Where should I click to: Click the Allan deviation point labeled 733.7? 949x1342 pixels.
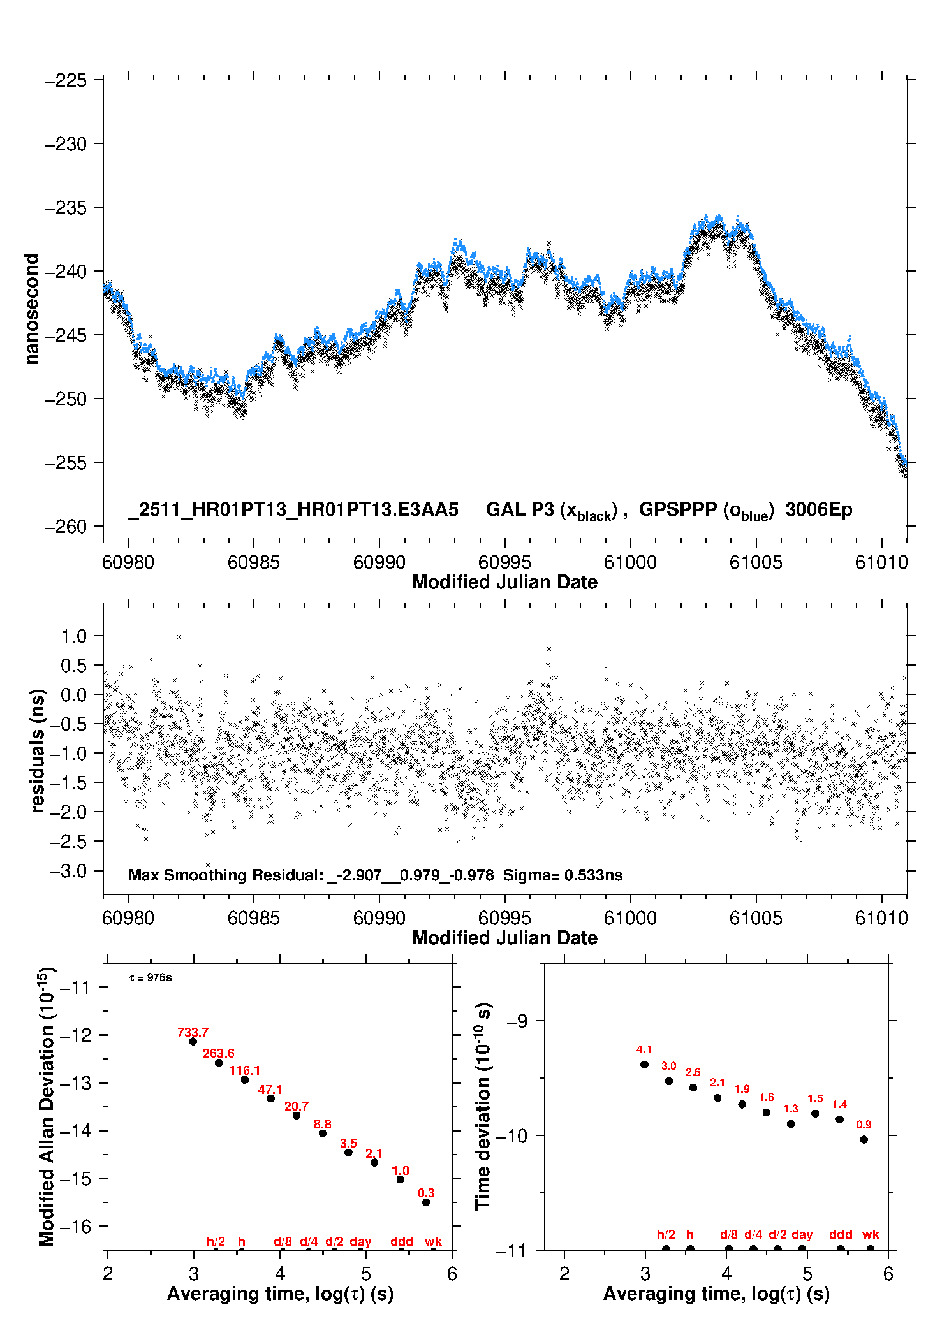193,1041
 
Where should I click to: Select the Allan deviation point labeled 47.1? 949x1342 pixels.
270,1098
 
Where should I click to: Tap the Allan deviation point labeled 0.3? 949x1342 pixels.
426,1202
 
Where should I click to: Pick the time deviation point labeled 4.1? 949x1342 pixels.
644,1065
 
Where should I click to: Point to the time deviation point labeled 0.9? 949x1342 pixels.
864,1140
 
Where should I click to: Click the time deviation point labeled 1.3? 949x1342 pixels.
791,1124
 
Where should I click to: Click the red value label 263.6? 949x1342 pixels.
219,1053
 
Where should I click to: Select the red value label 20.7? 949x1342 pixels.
297,1106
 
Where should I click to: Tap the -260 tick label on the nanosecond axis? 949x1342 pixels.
65,527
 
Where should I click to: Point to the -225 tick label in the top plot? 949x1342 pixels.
65,80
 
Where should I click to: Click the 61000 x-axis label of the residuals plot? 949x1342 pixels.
630,918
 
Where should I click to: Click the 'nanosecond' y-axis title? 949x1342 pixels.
31,309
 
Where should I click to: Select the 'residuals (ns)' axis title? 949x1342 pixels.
38,750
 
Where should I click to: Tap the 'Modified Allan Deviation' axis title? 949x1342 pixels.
47,1106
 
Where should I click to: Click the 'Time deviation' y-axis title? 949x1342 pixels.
483,1106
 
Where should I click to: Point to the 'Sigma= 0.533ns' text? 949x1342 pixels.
563,875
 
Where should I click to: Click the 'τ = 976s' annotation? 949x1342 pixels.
151,978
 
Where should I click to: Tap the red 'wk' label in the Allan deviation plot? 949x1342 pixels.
433,1241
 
